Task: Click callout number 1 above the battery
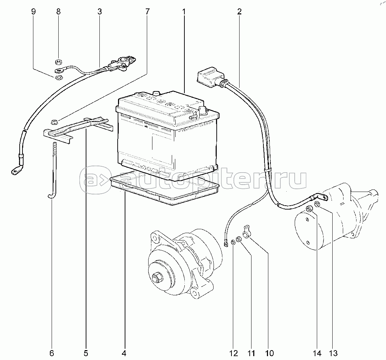point(183,12)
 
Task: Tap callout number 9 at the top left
point(33,12)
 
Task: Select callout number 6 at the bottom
point(52,353)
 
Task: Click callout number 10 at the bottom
point(269,353)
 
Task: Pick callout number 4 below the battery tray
point(124,353)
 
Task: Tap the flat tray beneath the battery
point(165,192)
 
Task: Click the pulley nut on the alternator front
point(156,277)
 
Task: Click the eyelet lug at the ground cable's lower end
point(15,171)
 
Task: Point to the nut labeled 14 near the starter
point(309,210)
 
